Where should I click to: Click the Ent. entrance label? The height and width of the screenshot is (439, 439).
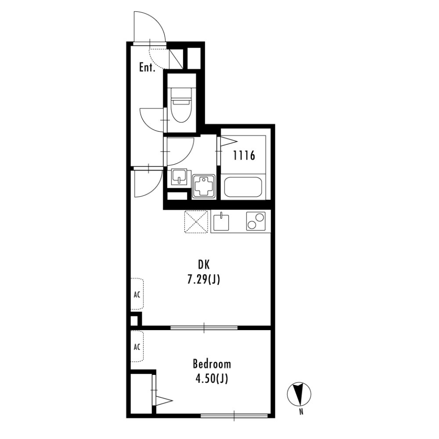point(147,68)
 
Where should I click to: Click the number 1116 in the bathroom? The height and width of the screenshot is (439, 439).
point(244,156)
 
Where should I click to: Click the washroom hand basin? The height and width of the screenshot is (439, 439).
point(179,177)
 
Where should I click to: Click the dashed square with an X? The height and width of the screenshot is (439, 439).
point(196,222)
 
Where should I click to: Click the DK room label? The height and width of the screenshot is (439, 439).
point(203,264)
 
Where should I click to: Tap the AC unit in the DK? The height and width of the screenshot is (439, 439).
point(137,294)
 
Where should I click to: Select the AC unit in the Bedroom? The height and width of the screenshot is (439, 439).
point(137,347)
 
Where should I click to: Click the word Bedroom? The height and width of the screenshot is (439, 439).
point(212,364)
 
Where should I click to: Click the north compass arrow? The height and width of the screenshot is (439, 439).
point(300,394)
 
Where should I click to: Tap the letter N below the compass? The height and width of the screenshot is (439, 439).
point(301,412)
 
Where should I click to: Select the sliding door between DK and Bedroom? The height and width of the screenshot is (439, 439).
point(204,327)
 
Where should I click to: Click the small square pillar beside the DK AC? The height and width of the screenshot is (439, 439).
point(134,320)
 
